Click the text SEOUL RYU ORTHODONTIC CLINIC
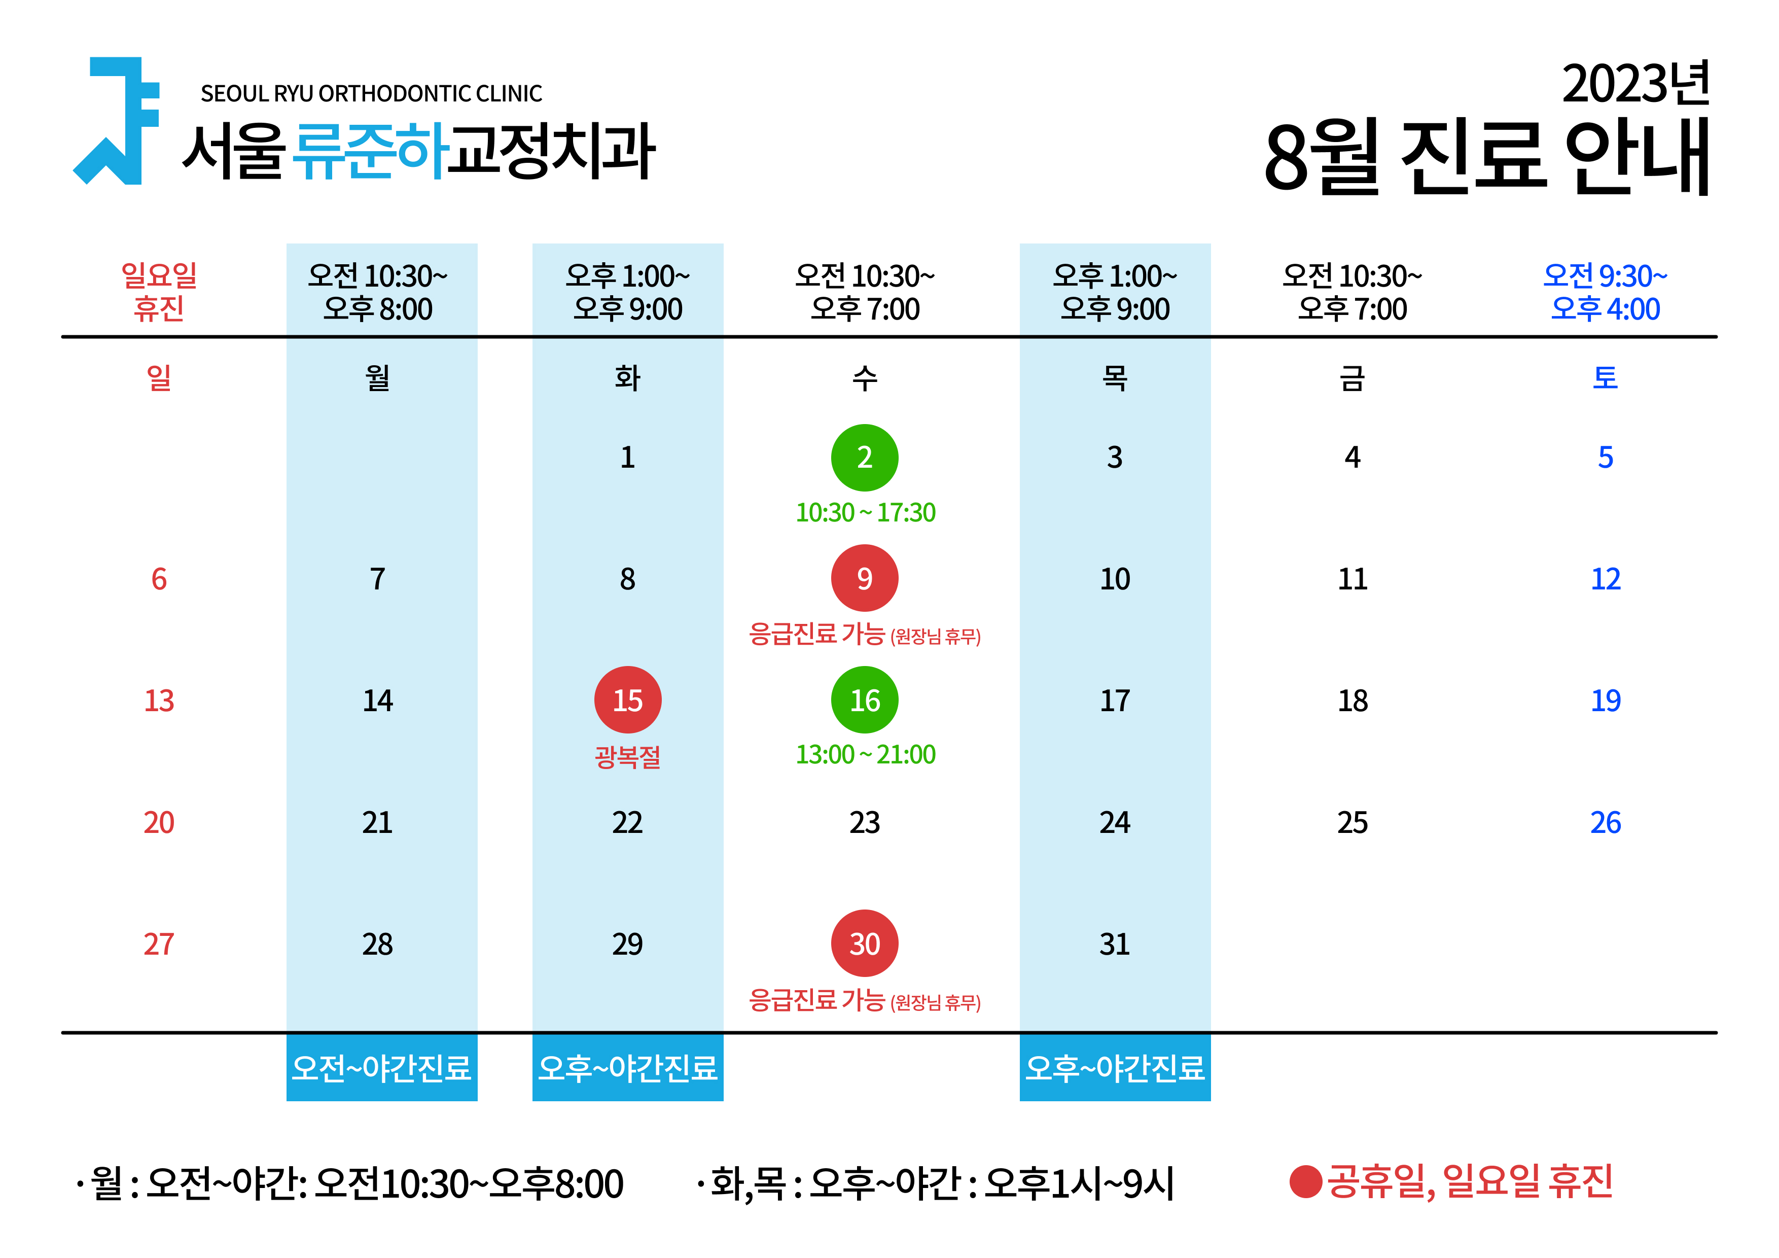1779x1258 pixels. pyautogui.click(x=371, y=94)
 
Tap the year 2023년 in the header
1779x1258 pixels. pyautogui.click(x=1635, y=84)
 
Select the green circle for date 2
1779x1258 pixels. pyautogui.click(x=865, y=458)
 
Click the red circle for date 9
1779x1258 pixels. pyautogui.click(x=865, y=578)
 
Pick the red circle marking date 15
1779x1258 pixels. pyautogui.click(x=628, y=700)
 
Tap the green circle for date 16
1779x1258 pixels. pyautogui.click(x=865, y=700)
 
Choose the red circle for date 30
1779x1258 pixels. pyautogui.click(x=865, y=943)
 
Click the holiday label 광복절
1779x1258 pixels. pyautogui.click(x=628, y=756)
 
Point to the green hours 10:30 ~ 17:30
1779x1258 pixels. pyautogui.click(x=866, y=512)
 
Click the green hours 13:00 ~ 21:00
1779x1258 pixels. pyautogui.click(x=866, y=754)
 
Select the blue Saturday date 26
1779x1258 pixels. pyautogui.click(x=1606, y=822)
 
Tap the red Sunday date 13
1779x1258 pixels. pyautogui.click(x=159, y=701)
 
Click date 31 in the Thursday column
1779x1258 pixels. pyautogui.click(x=1115, y=944)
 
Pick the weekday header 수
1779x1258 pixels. pyautogui.click(x=865, y=378)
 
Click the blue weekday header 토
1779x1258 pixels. pyautogui.click(x=1606, y=378)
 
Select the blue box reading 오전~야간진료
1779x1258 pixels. pyautogui.click(x=382, y=1067)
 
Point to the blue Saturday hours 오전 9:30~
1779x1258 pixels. pyautogui.click(x=1606, y=276)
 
